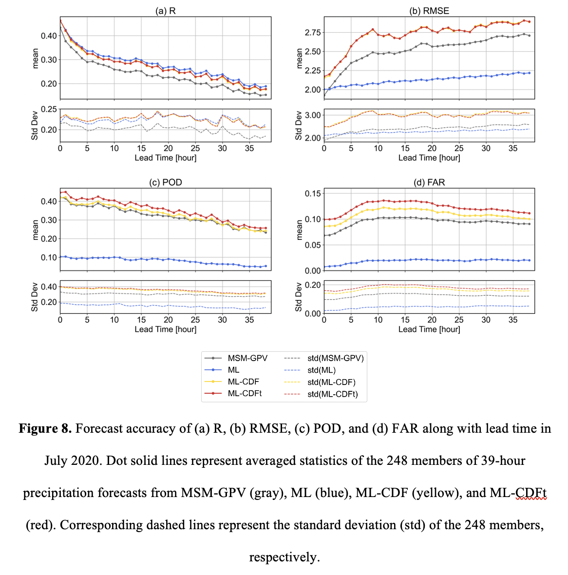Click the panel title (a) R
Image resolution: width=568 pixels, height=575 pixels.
coord(165,11)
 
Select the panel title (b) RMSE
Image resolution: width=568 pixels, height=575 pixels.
coord(429,11)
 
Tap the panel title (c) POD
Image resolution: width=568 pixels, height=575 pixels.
coord(165,182)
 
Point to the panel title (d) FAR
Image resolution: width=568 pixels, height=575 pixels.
coord(429,182)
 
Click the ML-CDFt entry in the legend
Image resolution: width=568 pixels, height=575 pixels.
coord(245,393)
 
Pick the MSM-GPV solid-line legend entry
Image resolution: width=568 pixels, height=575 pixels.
coord(247,358)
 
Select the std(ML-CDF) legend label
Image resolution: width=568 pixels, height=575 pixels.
coord(331,382)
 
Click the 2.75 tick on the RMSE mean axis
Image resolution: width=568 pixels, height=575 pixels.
coord(312,33)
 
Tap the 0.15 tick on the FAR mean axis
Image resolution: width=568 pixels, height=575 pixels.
coord(312,193)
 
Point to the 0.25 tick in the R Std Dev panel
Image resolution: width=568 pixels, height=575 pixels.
coord(49,109)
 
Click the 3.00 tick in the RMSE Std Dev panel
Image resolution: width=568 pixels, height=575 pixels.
coord(312,115)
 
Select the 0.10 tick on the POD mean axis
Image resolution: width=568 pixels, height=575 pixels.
coord(49,257)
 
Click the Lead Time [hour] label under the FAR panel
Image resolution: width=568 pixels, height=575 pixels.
coord(429,329)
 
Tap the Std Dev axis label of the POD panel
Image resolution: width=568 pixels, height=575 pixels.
coord(35,297)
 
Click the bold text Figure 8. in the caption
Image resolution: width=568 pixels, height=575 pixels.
coord(45,428)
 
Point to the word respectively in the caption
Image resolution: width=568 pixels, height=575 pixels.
coord(284,557)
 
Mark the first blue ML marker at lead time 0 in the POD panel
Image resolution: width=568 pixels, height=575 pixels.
coord(60,257)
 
